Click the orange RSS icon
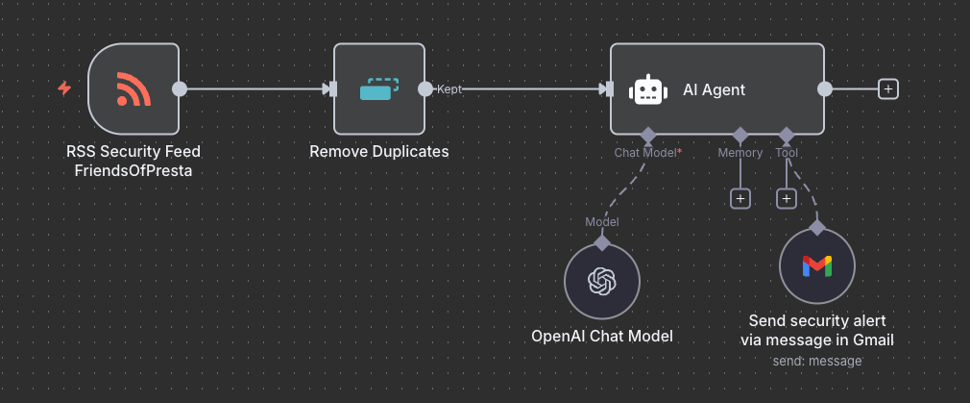[x=133, y=89]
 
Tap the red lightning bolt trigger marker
[x=64, y=88]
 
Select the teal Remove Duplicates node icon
[x=379, y=89]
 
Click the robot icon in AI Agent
[x=647, y=89]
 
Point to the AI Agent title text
[x=714, y=89]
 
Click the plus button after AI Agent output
[x=888, y=89]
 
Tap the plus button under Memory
[x=740, y=199]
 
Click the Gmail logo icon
[x=817, y=266]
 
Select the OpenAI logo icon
[x=602, y=282]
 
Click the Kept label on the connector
[x=449, y=89]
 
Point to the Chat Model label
[x=645, y=153]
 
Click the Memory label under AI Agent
[x=740, y=153]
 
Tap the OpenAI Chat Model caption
[x=602, y=336]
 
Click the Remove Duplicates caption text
[x=379, y=151]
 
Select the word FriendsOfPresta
[x=133, y=171]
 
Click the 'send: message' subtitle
[x=817, y=361]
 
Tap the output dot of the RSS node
[x=179, y=89]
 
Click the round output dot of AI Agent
[x=825, y=89]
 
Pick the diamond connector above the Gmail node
[x=817, y=228]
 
